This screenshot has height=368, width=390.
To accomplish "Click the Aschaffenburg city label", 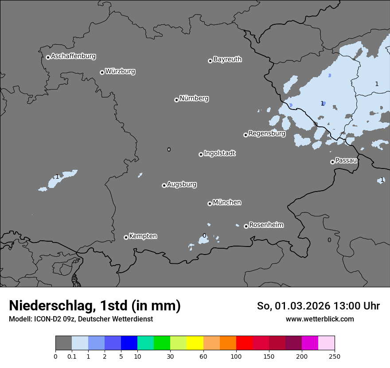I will pos(73,56).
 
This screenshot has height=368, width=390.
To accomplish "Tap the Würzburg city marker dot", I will pos(102,72).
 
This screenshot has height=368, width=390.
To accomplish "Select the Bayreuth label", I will pos(227,59).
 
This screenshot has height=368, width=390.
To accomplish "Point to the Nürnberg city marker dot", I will pos(176,100).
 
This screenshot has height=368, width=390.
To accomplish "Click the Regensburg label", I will pos(267,133).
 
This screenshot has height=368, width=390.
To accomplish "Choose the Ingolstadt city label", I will pos(219,153).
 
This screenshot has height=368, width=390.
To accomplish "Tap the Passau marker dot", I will pos(332,162).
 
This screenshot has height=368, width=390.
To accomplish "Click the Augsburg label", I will pos(182,184).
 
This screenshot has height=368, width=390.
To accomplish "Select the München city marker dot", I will pos(210,204).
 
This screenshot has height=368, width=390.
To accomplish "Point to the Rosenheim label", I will pos(266,225).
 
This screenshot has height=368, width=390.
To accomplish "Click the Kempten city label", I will pos(143,236).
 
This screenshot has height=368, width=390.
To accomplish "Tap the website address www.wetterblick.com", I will pos(320,319).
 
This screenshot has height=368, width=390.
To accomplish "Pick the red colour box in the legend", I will pos(244,343).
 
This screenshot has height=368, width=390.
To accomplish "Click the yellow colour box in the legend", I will pos(195,343).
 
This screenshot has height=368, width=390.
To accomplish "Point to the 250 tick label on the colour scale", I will pos(335,356).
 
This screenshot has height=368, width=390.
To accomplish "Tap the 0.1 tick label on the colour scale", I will pos(72,356).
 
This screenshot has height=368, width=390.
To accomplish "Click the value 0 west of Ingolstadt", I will pos(169,149).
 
